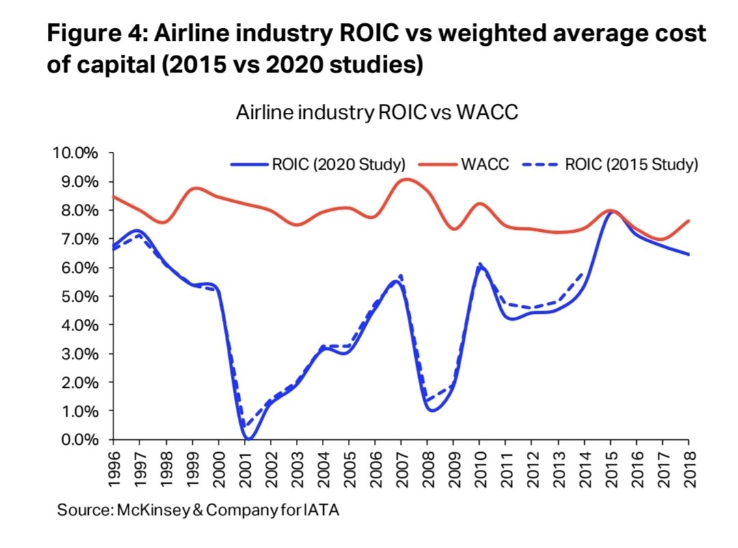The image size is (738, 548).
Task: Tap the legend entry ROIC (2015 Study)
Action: [x=610, y=165]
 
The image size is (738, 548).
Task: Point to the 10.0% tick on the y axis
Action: [x=76, y=153]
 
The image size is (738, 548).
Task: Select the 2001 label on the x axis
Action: [x=245, y=469]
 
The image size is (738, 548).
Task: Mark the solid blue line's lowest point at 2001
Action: [x=249, y=439]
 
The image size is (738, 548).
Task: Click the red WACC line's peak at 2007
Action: [x=406, y=179]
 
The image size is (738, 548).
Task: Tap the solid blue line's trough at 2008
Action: [x=432, y=410]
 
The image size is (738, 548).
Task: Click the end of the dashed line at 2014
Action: [x=584, y=271]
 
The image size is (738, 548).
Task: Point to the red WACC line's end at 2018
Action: [x=688, y=220]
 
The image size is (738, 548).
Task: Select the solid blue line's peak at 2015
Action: [x=612, y=211]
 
